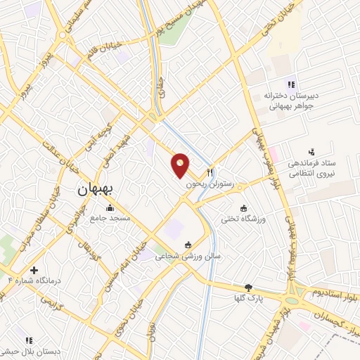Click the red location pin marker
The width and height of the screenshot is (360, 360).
[x=181, y=165]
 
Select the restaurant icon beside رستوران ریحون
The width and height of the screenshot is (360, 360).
[x=209, y=172]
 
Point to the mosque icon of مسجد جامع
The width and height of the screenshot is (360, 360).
[x=109, y=207]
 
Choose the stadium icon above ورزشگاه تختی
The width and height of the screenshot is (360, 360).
[x=243, y=208]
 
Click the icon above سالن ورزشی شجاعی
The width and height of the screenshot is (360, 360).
[x=188, y=245]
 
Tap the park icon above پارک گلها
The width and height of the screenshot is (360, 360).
[x=247, y=287]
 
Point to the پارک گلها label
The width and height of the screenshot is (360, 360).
[x=248, y=298]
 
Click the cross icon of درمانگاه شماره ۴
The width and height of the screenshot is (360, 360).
[x=34, y=270]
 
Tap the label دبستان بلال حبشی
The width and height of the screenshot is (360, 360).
[x=30, y=350]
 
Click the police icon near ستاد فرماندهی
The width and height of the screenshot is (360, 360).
[x=311, y=152]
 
